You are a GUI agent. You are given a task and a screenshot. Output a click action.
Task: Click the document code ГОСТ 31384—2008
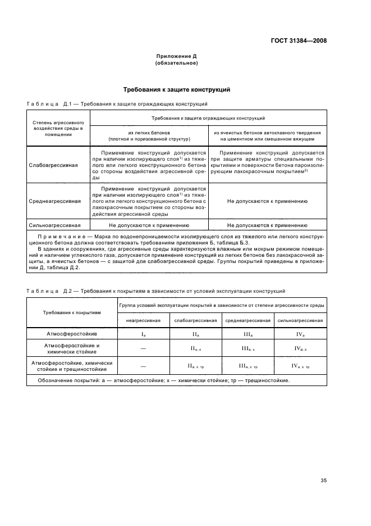[298, 40]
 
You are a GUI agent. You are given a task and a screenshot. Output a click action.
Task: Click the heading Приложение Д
[176, 57]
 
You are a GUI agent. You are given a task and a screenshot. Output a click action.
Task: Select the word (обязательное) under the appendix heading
[176, 63]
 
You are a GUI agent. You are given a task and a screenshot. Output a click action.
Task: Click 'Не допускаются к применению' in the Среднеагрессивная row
[267, 200]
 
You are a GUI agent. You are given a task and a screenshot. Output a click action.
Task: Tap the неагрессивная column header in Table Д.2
[143, 320]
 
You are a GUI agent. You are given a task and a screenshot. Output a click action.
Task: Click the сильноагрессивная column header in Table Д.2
[300, 320]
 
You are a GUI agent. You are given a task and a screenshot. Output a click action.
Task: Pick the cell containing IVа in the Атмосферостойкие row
[300, 334]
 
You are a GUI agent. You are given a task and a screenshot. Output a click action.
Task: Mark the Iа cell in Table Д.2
[143, 334]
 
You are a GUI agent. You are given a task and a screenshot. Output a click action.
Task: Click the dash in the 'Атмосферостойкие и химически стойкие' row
[143, 349]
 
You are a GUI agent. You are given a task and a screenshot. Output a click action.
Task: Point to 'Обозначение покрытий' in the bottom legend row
[64, 380]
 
